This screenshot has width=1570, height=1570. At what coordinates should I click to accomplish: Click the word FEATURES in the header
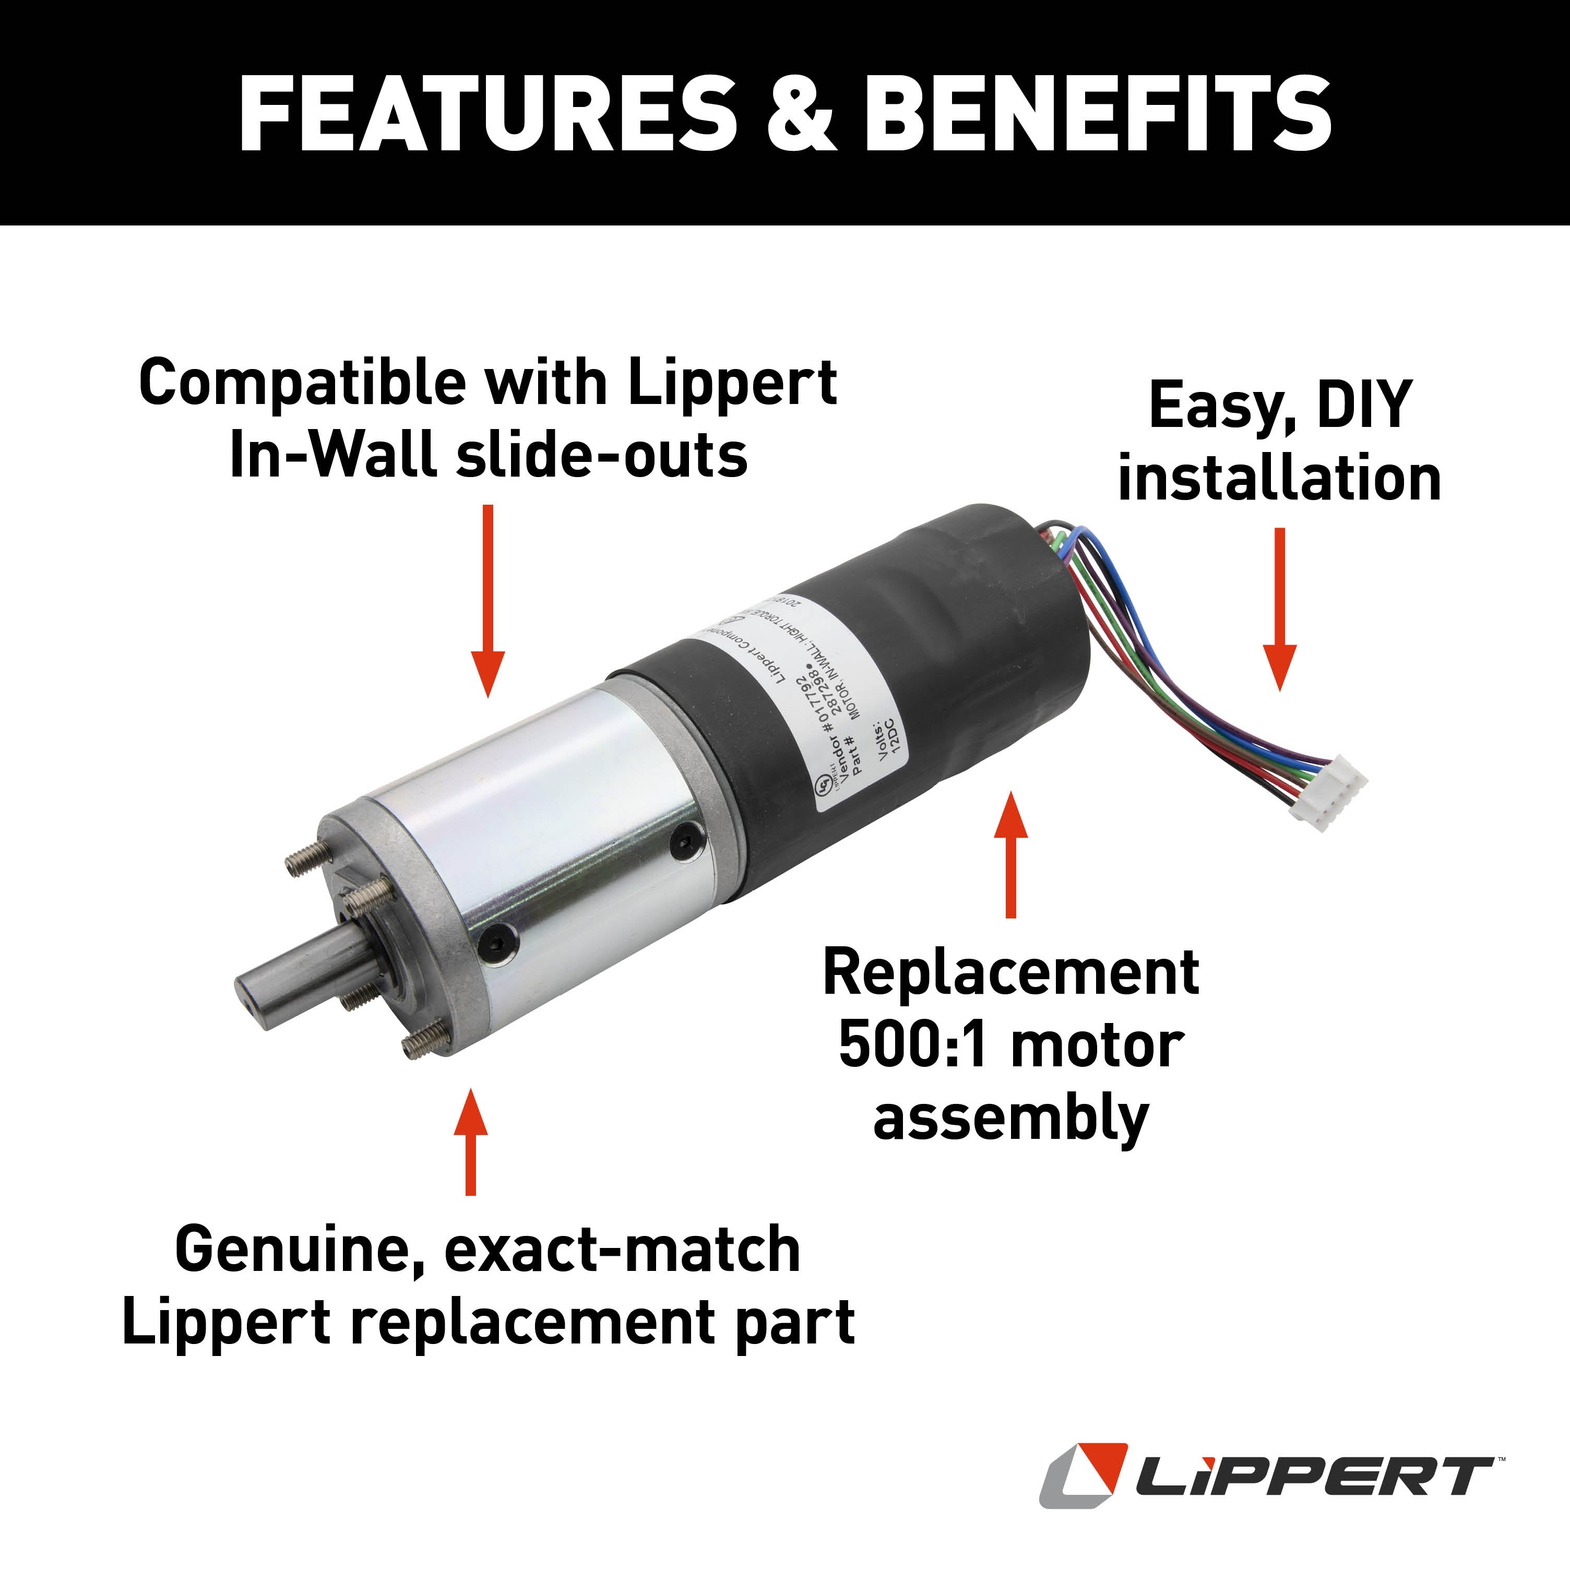pos(487,114)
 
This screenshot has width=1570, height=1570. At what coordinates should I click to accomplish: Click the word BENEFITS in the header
pos(1097,114)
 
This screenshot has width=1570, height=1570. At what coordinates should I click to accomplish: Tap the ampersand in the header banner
pos(801,114)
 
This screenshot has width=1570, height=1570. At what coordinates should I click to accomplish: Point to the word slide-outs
pos(601,455)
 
